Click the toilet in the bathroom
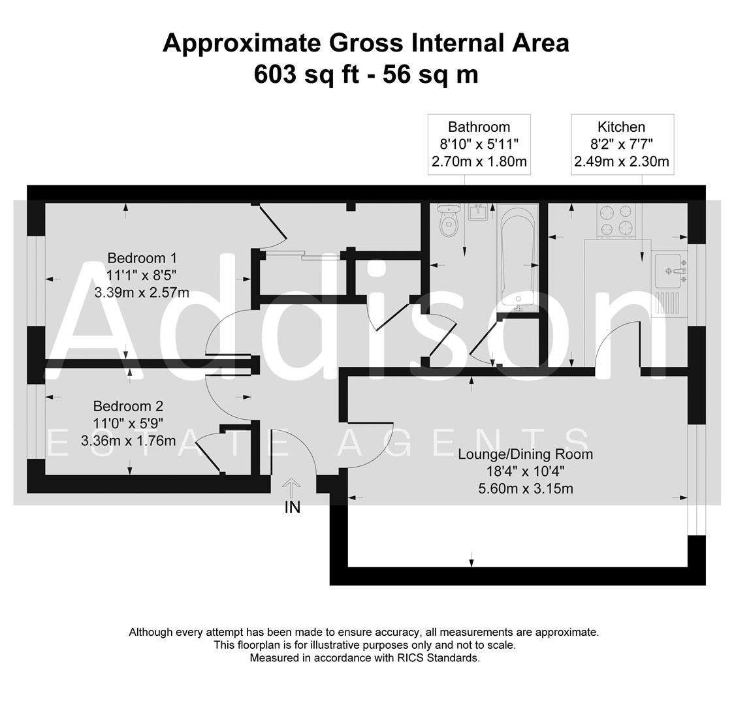448,222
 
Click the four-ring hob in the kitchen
616,220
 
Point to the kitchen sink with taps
669,271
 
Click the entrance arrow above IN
292,487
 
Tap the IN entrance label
292,507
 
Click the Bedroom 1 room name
142,258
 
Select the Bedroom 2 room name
128,405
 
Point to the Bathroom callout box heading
479,127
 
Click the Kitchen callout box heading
621,127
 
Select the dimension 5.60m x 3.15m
525,488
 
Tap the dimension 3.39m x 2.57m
142,292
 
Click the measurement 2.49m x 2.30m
621,161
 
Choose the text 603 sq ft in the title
306,74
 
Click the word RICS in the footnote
411,658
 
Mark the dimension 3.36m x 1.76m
128,441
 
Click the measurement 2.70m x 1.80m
479,161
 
